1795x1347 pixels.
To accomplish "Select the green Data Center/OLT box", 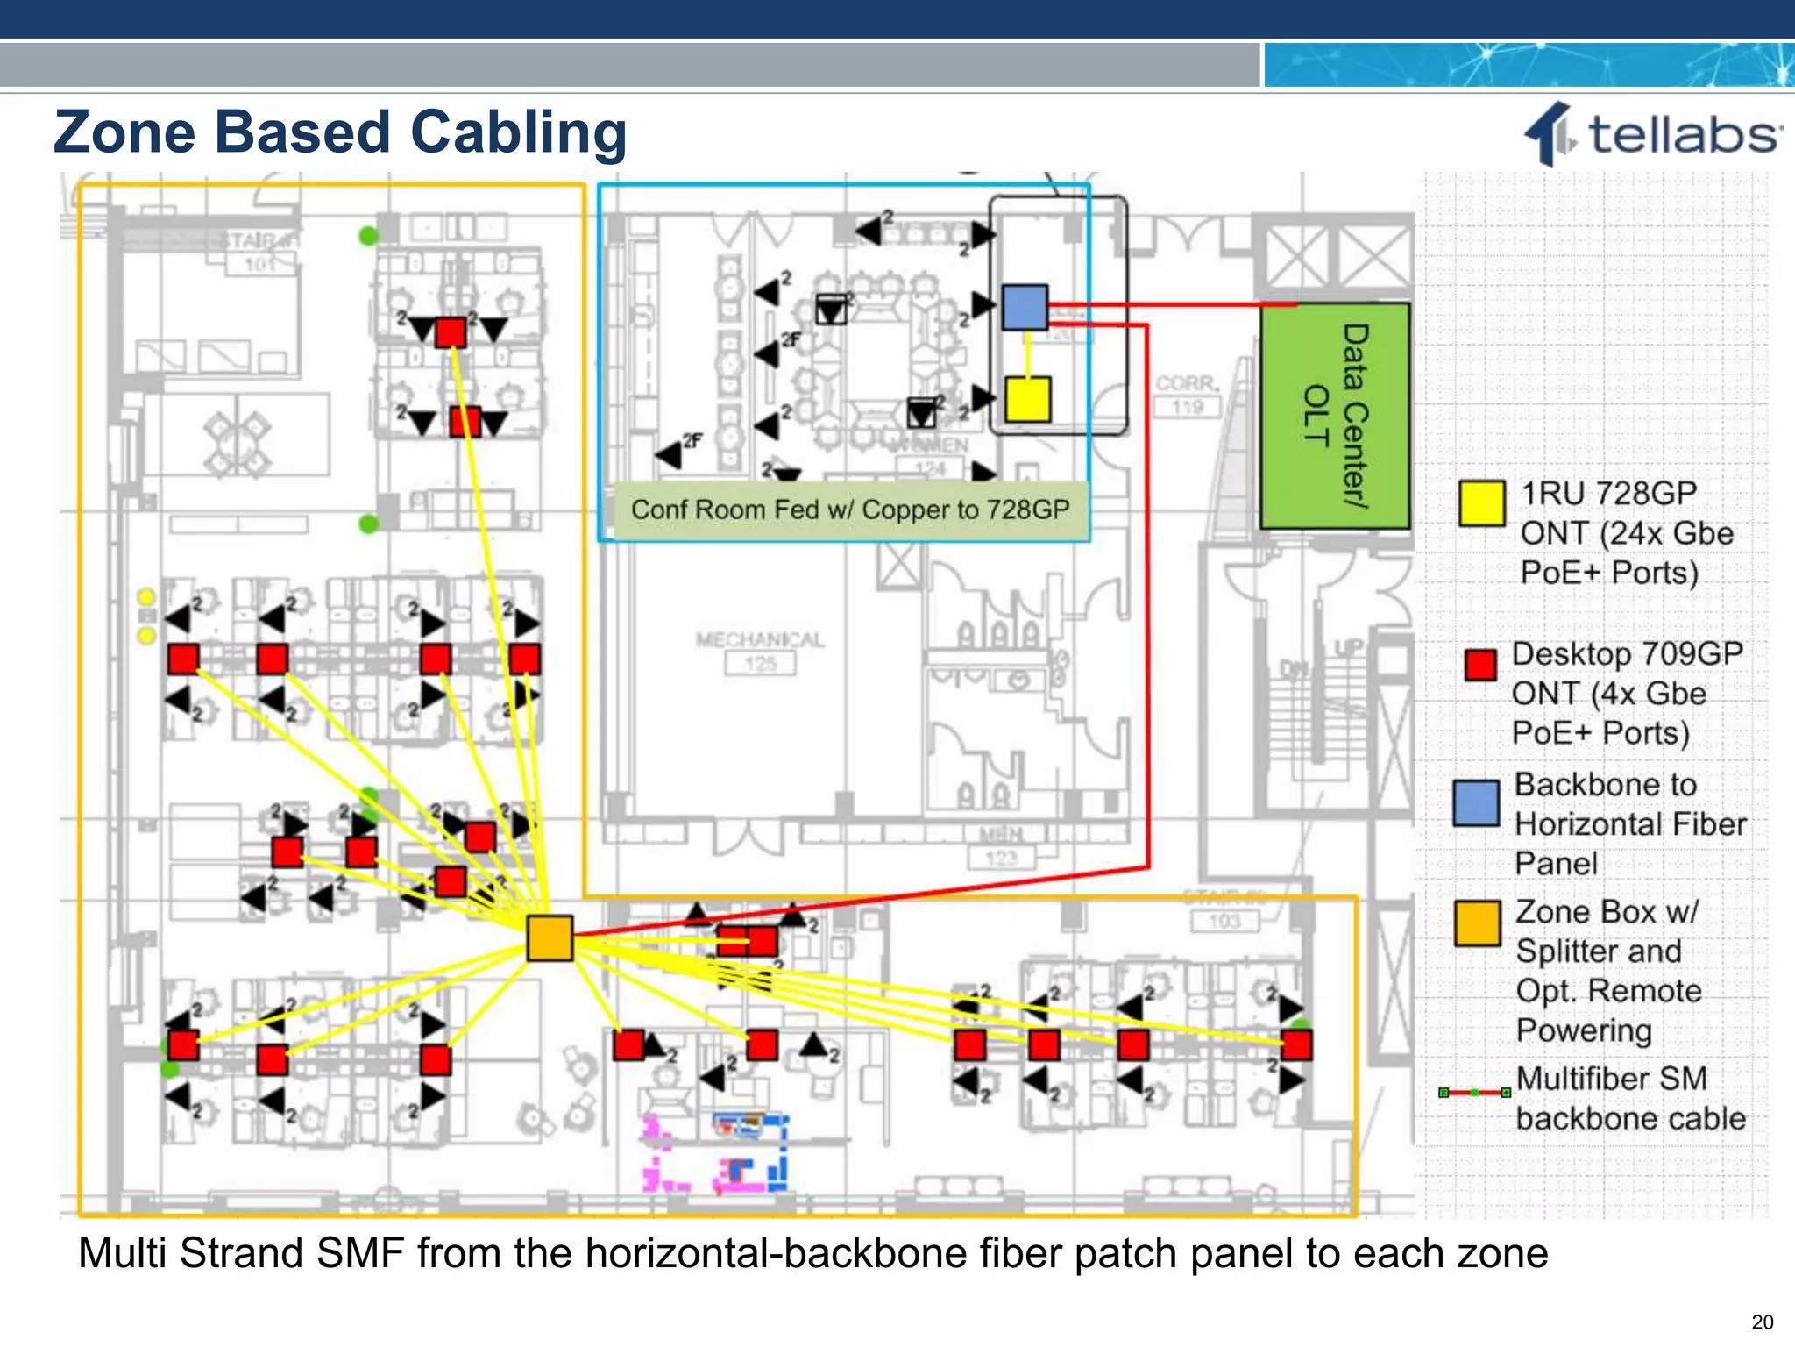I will coord(1334,416).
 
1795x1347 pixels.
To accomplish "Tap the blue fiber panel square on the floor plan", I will coord(1025,307).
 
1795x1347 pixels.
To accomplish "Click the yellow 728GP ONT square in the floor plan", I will coord(1027,399).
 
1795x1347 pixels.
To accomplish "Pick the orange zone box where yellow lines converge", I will coord(550,937).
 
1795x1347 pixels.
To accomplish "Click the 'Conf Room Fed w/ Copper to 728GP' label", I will coord(849,510).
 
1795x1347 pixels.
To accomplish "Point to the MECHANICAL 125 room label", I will coord(760,650).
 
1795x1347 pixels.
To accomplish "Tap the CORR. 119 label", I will coord(1187,394).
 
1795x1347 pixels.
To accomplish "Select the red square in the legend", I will coord(1480,664).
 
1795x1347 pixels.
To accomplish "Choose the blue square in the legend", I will coord(1476,802).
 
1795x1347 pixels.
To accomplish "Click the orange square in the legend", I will coord(1477,923).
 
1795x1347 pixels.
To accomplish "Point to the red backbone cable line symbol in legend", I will coord(1474,1093).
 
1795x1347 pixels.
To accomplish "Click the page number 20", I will coord(1762,1322).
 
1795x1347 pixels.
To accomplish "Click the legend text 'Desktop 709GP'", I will coord(1627,654).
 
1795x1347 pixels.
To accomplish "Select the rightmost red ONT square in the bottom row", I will coord(1296,1045).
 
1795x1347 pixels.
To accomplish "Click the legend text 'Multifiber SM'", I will coord(1611,1079).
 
